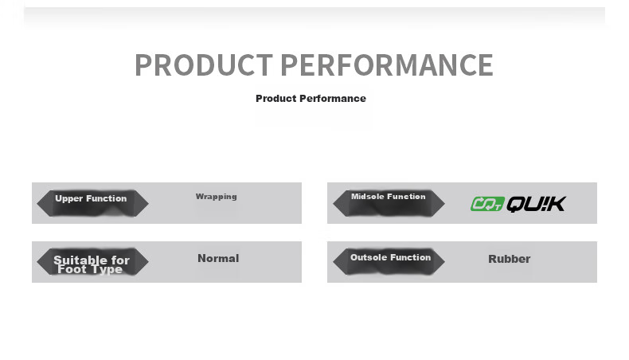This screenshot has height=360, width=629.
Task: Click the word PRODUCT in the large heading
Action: pyautogui.click(x=204, y=65)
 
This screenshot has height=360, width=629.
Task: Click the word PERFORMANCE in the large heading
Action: pyautogui.click(x=387, y=65)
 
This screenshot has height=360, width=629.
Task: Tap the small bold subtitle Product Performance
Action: pyautogui.click(x=311, y=98)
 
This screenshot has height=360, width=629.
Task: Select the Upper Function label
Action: pyautogui.click(x=91, y=198)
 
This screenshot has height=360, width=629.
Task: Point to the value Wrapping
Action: pyautogui.click(x=217, y=197)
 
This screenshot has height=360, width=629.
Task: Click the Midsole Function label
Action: pyautogui.click(x=389, y=196)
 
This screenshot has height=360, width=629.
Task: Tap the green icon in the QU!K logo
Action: pyautogui.click(x=487, y=204)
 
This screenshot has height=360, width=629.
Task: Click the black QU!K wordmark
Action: pyautogui.click(x=537, y=204)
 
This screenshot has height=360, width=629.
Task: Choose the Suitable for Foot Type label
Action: pyautogui.click(x=92, y=264)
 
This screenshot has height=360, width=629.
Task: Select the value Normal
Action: pyautogui.click(x=218, y=258)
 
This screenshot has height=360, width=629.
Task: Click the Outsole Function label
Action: pyautogui.click(x=391, y=257)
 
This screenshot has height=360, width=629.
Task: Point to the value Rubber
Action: pyautogui.click(x=509, y=259)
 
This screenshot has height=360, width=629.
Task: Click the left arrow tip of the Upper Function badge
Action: pyautogui.click(x=37, y=203)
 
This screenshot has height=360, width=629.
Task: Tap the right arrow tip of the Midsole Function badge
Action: pyautogui.click(x=444, y=203)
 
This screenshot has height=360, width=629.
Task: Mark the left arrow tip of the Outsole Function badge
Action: pyautogui.click(x=334, y=262)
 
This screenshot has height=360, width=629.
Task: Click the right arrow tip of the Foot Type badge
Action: pyautogui.click(x=148, y=262)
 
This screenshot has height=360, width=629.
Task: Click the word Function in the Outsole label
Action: pyautogui.click(x=411, y=257)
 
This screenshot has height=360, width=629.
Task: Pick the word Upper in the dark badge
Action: pyautogui.click(x=69, y=198)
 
